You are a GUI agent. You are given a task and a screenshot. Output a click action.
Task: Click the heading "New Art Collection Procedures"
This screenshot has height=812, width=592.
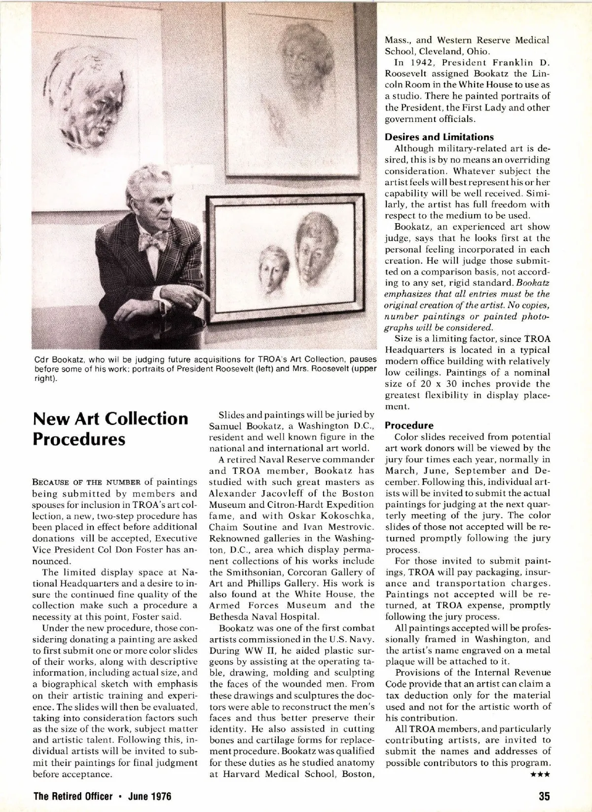pyautogui.click(x=111, y=428)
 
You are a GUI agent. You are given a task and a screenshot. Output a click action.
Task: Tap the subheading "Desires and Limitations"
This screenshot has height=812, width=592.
pyautogui.click(x=439, y=137)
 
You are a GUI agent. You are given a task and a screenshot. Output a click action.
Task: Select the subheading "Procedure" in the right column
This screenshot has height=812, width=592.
pyautogui.click(x=409, y=425)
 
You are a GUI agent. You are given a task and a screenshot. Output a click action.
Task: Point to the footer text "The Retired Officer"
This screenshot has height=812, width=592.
pyautogui.click(x=74, y=796)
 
